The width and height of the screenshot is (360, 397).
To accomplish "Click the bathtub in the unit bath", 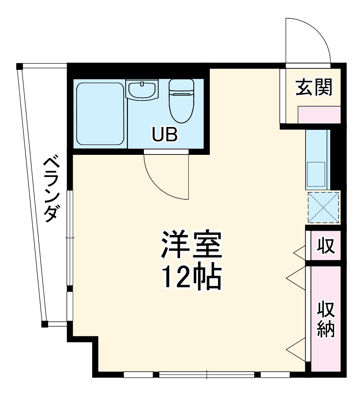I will coord(100,114).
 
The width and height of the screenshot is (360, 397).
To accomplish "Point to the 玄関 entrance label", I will coord(314,87).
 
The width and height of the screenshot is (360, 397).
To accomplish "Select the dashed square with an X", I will coord(323,207).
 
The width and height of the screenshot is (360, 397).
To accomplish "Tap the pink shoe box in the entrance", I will coord(319,115).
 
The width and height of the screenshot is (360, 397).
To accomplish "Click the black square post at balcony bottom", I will coord(45,324).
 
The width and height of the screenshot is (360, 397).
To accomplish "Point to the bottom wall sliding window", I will coord(207,374).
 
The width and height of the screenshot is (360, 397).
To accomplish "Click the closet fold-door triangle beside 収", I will coord(299,251).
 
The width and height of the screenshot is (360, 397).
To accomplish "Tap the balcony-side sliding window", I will coord(70,238).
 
